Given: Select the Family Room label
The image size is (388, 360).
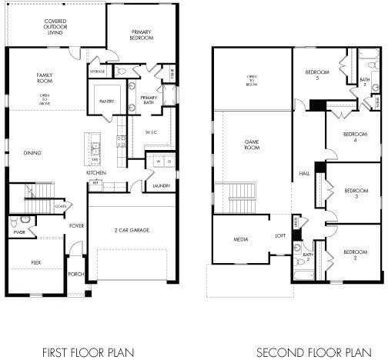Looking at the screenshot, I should point(44,78).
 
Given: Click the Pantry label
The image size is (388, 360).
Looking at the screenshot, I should point(107,100).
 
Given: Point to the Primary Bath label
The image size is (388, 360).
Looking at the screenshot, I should point(149,100).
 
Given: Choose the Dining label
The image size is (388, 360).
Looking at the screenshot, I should point(32,153).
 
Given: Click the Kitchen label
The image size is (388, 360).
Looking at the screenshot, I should point(96,194).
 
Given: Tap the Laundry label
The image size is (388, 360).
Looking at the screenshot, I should point(161,185).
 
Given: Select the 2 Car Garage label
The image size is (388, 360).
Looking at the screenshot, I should point(131,230).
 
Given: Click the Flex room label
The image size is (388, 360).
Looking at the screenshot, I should point(35,262).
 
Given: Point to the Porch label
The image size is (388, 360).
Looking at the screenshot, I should point(76,274).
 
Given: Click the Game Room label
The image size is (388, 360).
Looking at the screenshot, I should point(252,144).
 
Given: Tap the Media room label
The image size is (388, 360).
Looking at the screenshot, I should point(241,240).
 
